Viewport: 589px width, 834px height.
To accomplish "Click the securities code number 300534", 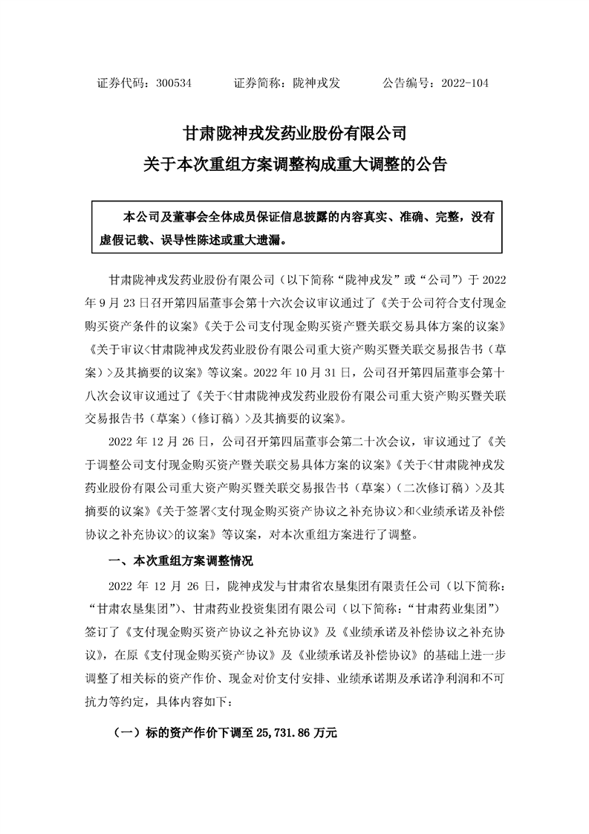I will tap(175, 83).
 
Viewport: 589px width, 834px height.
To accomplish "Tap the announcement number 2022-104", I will tap(464, 83).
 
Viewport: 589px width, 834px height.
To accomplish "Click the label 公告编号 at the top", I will tap(408, 83).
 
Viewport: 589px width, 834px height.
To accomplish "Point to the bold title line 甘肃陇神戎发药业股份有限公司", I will tap(294, 134).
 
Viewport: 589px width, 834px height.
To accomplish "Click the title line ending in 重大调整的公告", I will tap(294, 164).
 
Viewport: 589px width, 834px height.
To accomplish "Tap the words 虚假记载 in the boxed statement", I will tap(123, 240).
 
